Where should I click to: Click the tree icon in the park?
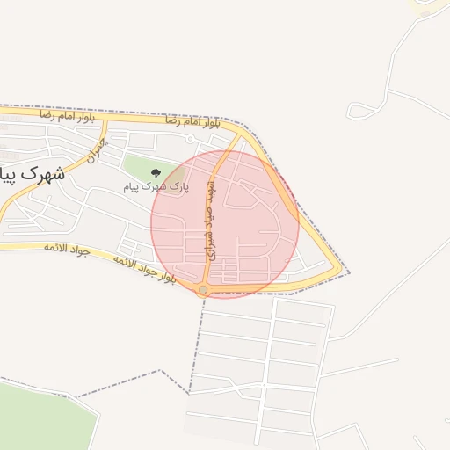click(x=156, y=173)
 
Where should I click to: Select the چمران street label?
click(x=96, y=152)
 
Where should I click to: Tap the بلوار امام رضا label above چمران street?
click(x=63, y=115)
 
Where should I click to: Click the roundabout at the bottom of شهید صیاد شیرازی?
click(x=203, y=289)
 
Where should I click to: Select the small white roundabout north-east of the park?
click(x=189, y=139)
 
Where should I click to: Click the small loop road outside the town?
click(x=359, y=111)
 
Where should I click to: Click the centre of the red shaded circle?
click(x=225, y=224)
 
